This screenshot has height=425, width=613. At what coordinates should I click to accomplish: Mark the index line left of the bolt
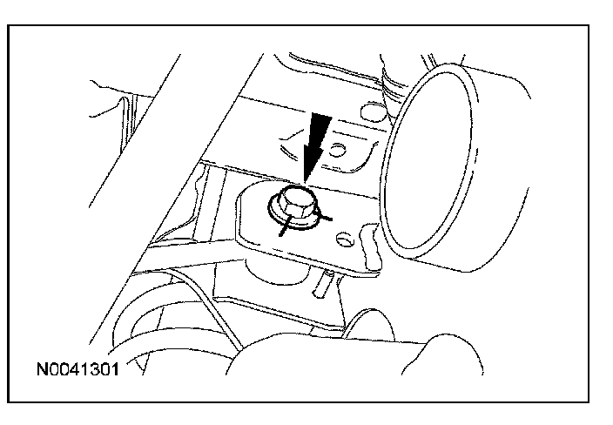(x=285, y=226)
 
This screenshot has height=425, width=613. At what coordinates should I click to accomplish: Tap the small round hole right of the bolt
(x=346, y=235)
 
